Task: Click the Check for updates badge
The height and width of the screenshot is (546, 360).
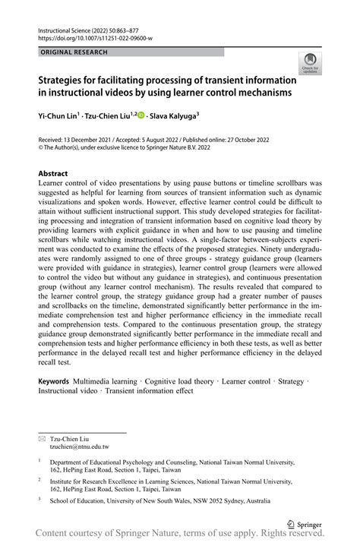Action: (310, 64)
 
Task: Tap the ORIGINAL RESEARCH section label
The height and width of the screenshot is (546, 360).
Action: (74, 52)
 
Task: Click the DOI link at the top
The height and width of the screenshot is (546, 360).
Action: (95, 38)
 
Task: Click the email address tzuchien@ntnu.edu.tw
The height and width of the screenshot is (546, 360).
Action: (79, 447)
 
